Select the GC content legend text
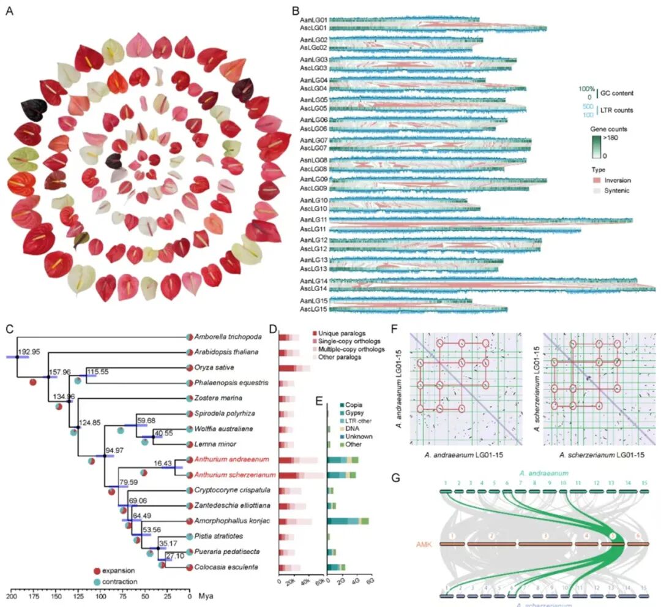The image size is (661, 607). tap(614, 93)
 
